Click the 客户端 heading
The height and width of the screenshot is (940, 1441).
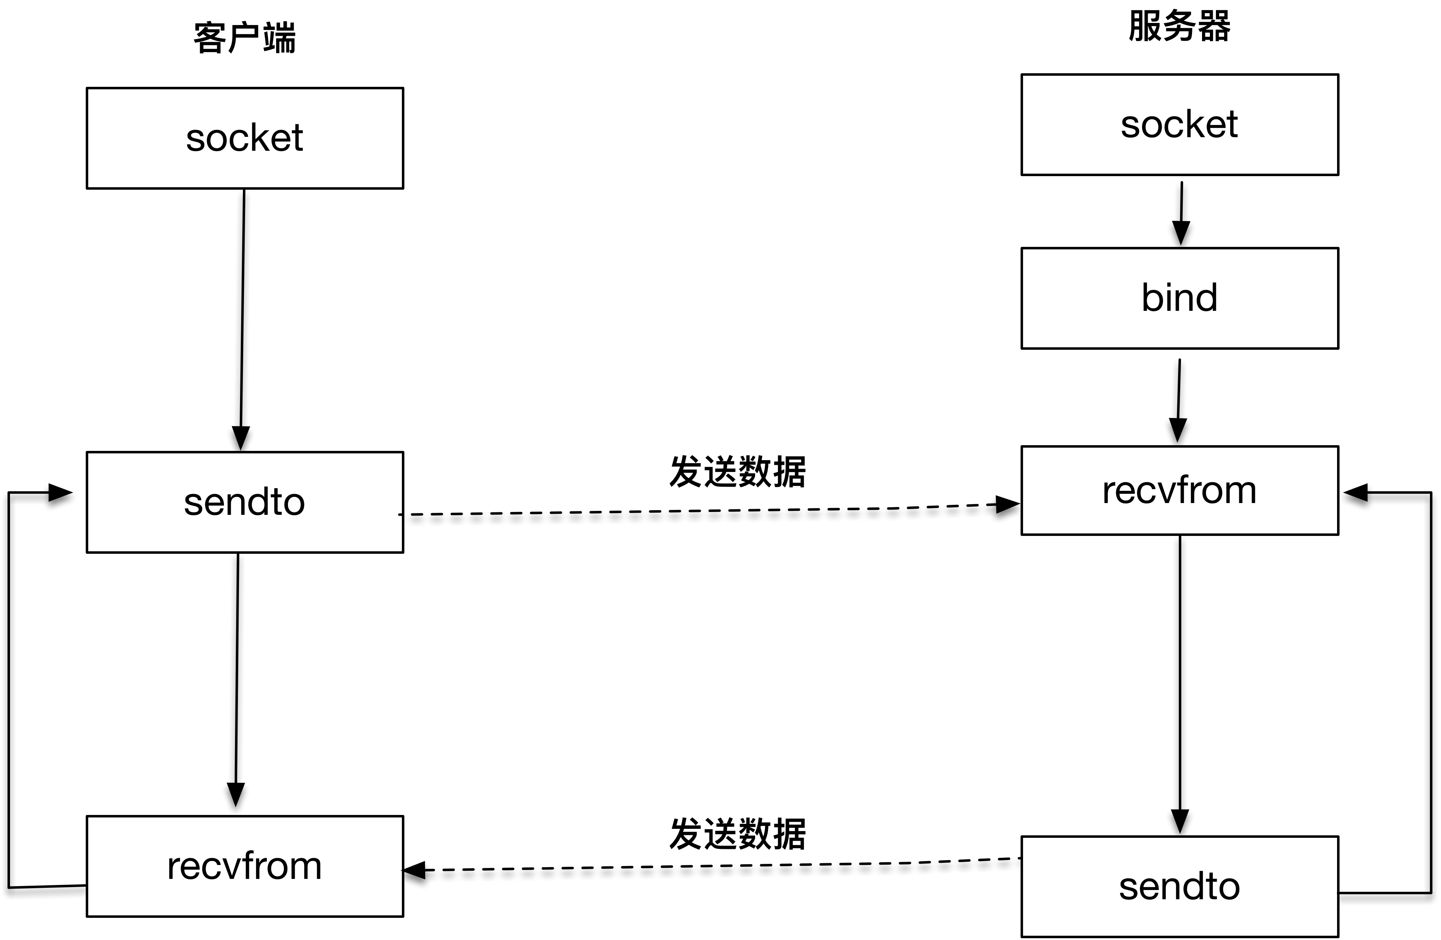point(245,38)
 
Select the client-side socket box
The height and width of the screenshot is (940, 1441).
point(245,138)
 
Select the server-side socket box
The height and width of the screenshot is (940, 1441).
point(1180,125)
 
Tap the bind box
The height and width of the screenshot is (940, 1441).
point(1180,298)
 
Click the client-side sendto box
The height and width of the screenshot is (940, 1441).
point(245,502)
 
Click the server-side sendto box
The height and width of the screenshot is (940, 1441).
point(1180,887)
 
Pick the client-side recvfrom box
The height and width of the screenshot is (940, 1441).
point(245,866)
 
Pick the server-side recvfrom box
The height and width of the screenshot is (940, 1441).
point(1180,491)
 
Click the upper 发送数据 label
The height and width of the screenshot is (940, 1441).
point(737,472)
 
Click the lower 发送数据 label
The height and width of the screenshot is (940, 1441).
point(737,834)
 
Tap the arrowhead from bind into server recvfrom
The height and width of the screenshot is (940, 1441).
point(1178,431)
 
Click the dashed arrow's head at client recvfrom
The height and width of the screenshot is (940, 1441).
point(415,870)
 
